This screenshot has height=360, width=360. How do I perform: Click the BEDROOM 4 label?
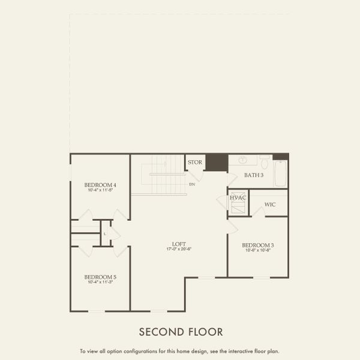tap(100, 184)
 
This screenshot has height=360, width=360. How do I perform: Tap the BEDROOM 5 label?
tap(100, 277)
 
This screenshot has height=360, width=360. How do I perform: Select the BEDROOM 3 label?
tap(258, 245)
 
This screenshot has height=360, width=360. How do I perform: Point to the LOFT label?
tap(179, 244)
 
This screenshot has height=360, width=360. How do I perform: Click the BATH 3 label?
tap(254, 175)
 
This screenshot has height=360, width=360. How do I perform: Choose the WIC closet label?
tap(270, 205)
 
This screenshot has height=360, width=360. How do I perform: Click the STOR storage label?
tap(195, 162)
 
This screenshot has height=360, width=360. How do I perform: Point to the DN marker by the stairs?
tap(192, 184)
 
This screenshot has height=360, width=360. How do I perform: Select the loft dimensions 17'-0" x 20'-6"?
tap(179, 250)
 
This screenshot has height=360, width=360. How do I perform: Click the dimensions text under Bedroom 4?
tap(100, 190)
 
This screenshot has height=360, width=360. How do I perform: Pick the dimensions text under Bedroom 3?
tap(258, 250)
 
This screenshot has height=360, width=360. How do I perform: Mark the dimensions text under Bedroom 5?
tap(100, 282)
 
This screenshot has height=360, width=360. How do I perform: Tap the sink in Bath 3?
tap(243, 161)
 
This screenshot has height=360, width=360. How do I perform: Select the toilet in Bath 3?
tap(264, 162)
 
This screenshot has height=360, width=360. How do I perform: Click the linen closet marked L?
tap(105, 233)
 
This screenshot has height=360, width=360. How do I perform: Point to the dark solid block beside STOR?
tap(215, 162)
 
